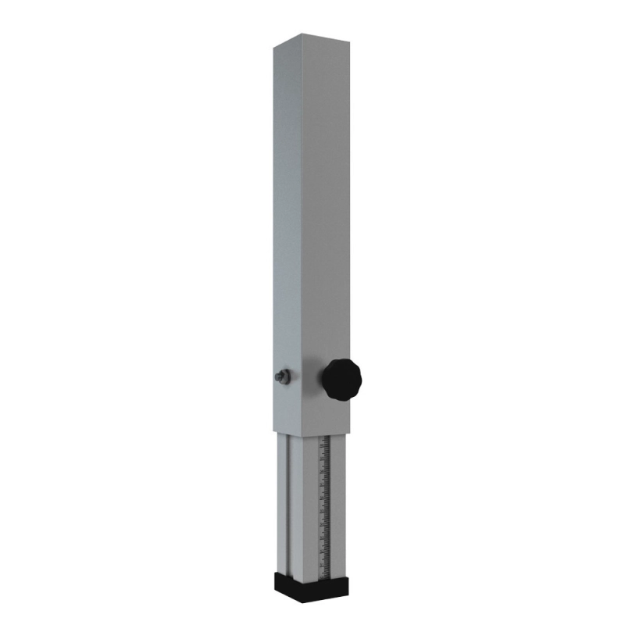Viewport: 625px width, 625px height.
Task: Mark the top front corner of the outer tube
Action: click(303, 48)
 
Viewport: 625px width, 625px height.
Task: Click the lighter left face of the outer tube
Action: click(287, 234)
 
